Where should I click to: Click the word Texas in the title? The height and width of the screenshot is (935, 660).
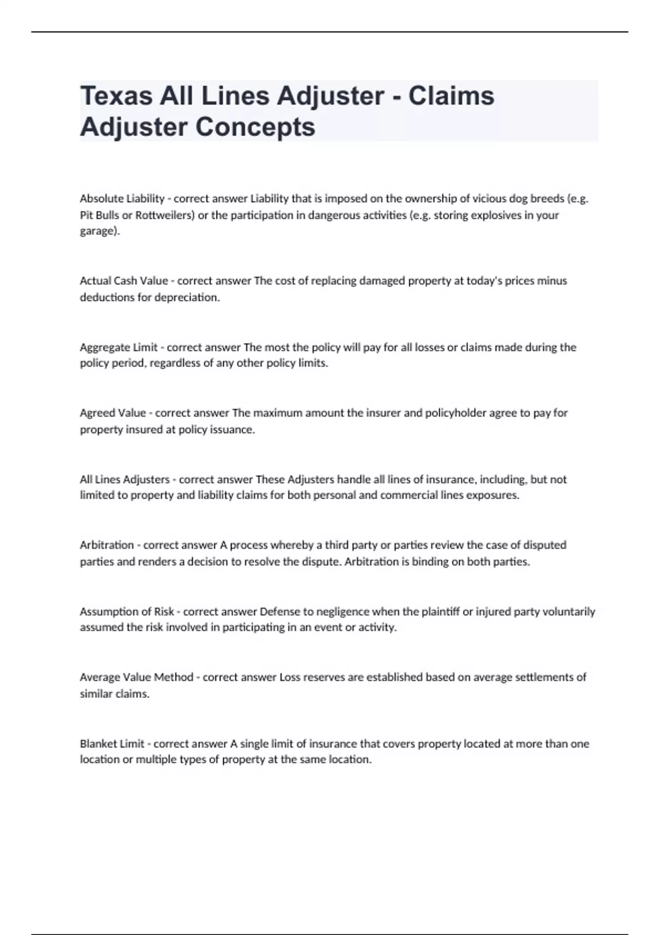[116, 96]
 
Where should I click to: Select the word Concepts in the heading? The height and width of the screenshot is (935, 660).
[255, 128]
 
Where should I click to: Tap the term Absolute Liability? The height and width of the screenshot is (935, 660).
[122, 199]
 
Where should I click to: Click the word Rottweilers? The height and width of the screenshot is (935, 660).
[165, 215]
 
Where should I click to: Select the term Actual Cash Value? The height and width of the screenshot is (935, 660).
[124, 281]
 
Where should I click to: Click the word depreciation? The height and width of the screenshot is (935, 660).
[186, 298]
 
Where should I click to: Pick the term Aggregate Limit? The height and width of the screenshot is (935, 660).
[119, 347]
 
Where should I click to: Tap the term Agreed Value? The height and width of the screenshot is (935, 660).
[113, 413]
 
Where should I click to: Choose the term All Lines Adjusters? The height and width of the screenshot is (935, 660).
[125, 480]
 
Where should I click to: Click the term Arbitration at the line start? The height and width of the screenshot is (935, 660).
[107, 545]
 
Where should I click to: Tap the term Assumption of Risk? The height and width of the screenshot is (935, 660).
[127, 612]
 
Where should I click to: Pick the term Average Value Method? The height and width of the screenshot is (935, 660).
[136, 677]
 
